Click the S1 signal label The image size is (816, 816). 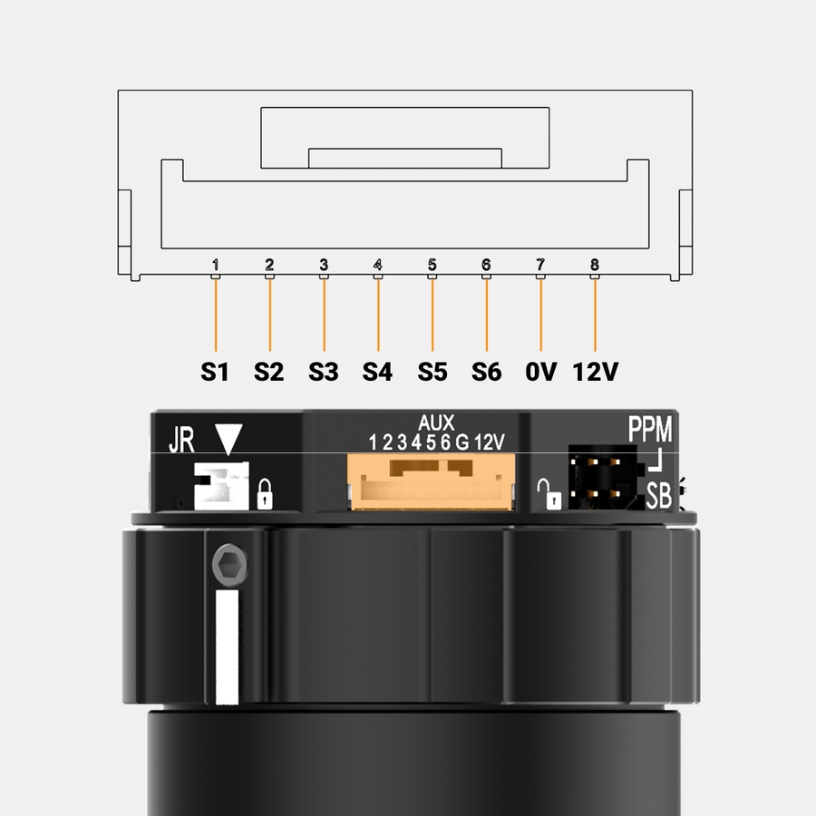coord(214,372)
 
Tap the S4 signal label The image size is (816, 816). coord(377,372)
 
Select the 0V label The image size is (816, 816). coord(540,372)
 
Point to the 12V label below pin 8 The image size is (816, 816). coord(596,372)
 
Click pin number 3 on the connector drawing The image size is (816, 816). coord(324,265)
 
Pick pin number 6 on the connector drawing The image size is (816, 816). coord(486,265)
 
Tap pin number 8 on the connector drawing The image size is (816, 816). coord(595,265)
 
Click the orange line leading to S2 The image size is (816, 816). coord(269,316)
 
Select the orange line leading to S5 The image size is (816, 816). coord(432,316)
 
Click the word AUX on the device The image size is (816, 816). coord(436,423)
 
